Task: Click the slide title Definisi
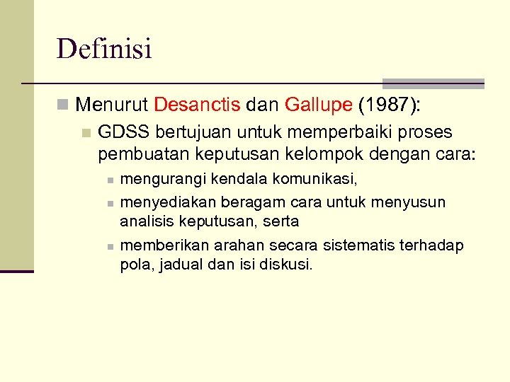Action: pos(104,50)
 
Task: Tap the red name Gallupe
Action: pos(318,105)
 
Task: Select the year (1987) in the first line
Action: pos(389,105)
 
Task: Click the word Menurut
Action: pos(112,105)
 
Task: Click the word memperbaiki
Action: pos(336,133)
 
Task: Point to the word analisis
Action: pos(144,221)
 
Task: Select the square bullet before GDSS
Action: pos(86,133)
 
